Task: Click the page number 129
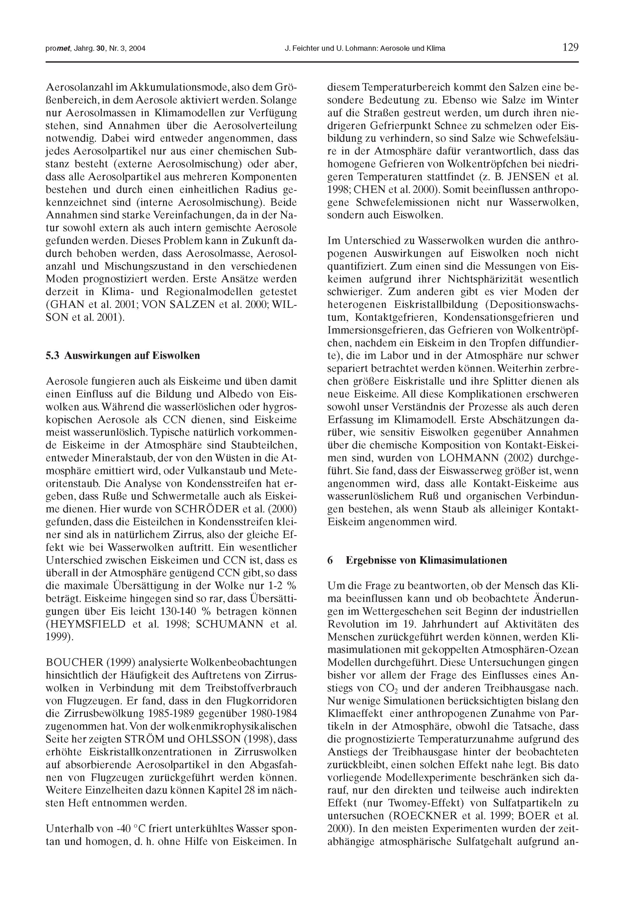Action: point(570,47)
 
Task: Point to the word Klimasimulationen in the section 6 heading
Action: point(463,560)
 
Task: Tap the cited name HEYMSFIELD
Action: point(87,624)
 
